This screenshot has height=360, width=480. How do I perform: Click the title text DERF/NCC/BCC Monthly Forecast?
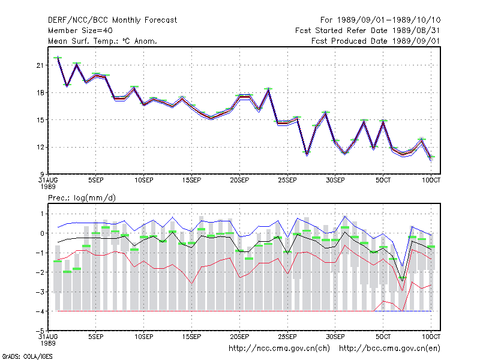coord(112,20)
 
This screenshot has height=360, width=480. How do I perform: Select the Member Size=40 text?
coord(80,31)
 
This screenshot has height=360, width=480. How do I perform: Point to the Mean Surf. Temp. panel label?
coord(103,41)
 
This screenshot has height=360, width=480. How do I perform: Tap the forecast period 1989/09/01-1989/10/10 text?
coord(380,20)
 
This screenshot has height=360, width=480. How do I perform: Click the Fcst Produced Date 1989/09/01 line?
coord(376,41)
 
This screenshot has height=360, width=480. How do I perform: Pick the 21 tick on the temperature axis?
coord(40,65)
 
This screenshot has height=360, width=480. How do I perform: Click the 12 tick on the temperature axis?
coord(40,147)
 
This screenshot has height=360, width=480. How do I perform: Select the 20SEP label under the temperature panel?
coord(239,181)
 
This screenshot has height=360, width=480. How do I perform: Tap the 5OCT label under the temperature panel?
coord(383,181)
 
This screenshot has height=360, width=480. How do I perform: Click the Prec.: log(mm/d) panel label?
coord(82,198)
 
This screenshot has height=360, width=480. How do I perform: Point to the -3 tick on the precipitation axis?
coord(40,292)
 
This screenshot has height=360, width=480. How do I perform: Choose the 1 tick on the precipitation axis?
coord(42,214)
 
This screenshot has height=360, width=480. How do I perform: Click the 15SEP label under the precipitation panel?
coord(191,337)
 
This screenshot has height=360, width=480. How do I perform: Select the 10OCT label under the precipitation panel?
coord(431,337)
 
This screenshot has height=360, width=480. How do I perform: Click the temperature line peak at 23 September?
coord(268,89)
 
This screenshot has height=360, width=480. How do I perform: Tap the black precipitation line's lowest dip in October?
coord(402,281)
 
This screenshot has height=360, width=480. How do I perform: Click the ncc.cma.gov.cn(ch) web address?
coord(279,349)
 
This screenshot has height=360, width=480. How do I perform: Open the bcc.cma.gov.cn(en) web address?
coord(389,349)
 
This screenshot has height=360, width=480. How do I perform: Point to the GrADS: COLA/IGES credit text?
coord(27,356)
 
